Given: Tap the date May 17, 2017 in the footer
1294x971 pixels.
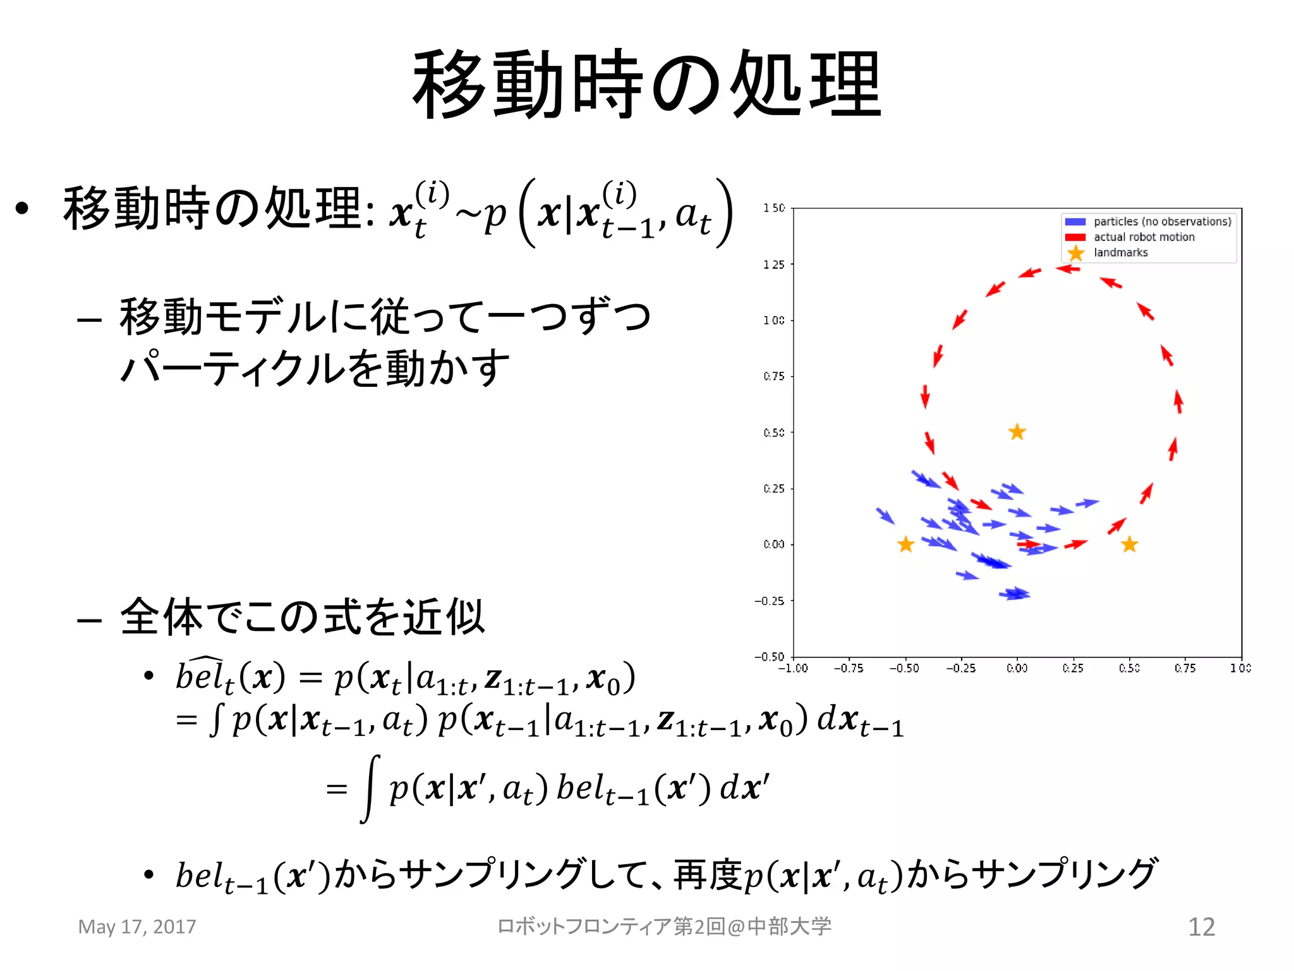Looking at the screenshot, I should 137,927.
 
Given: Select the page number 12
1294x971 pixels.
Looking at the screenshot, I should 1201,927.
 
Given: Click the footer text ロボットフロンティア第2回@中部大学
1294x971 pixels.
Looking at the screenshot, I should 664,927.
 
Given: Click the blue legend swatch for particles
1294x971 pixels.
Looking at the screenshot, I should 1075,222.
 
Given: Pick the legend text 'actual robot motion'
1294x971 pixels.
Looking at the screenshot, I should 1144,237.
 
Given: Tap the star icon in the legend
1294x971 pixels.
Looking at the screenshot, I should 1075,253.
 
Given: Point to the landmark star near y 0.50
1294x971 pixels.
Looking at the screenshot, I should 1017,432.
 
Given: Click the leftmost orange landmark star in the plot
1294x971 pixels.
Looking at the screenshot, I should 905,544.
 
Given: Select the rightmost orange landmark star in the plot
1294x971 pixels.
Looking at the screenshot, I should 1129,544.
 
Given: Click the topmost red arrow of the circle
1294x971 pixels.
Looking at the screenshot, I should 1068,269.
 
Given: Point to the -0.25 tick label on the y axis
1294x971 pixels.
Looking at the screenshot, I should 770,601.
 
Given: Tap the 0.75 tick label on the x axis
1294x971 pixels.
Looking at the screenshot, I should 1185,668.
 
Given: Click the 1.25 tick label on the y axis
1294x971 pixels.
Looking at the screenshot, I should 773,264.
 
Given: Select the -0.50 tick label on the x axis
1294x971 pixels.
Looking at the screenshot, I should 904,668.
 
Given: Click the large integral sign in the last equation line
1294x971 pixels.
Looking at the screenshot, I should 370,788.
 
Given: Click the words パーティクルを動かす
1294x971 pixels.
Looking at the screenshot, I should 315,368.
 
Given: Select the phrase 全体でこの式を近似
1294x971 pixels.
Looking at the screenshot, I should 302,617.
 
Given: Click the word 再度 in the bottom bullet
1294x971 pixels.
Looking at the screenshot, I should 707,875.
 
